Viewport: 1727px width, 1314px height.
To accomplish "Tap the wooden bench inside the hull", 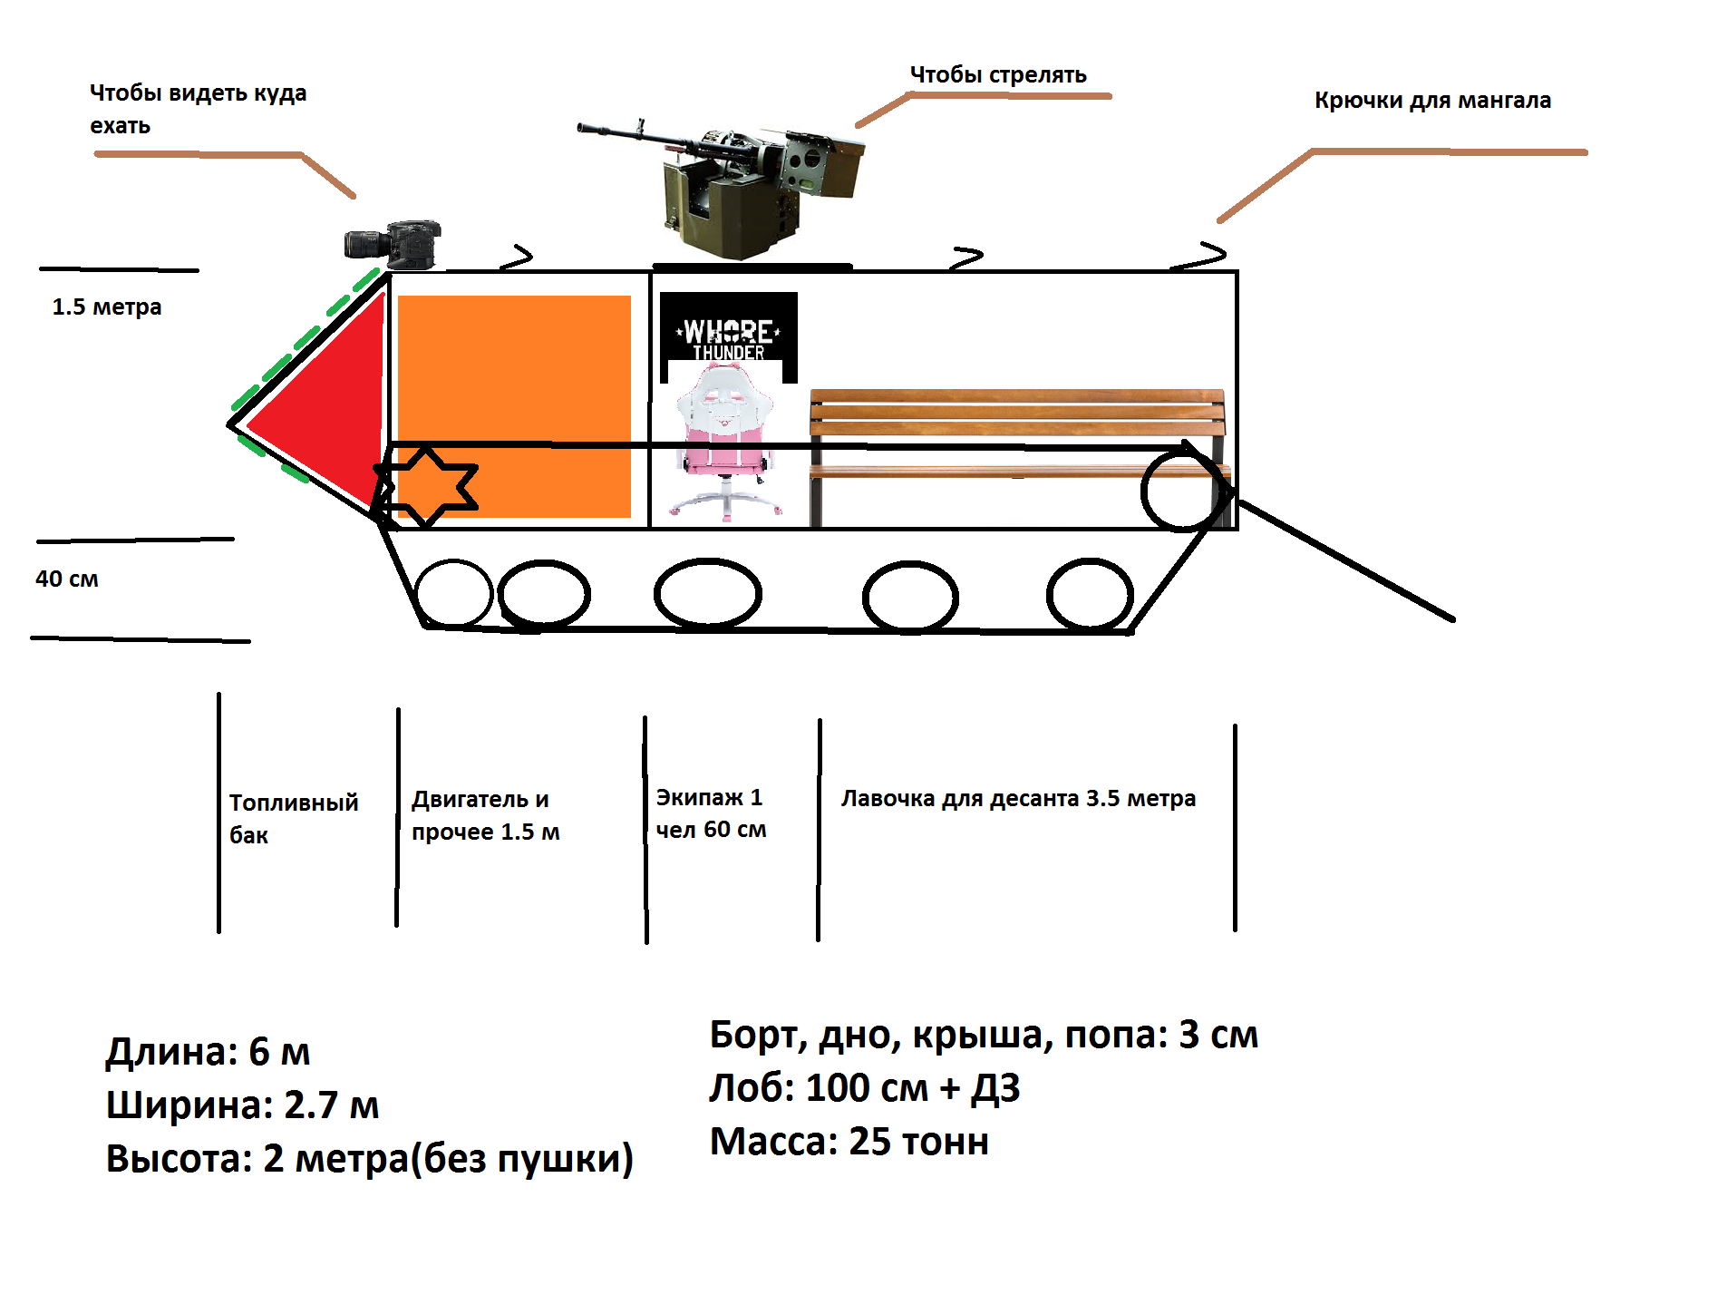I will [1015, 435].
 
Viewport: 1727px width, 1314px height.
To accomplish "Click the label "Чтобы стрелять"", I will [998, 75].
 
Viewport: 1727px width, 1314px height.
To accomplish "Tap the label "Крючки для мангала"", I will [1432, 101].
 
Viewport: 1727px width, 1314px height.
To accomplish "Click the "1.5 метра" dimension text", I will [107, 307].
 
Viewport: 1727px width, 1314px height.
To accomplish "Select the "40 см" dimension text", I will [67, 579].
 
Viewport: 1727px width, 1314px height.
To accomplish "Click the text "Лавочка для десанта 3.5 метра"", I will [1018, 799].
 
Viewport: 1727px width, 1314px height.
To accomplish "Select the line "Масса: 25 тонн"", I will [849, 1142].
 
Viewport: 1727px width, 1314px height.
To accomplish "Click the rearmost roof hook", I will [1202, 257].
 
